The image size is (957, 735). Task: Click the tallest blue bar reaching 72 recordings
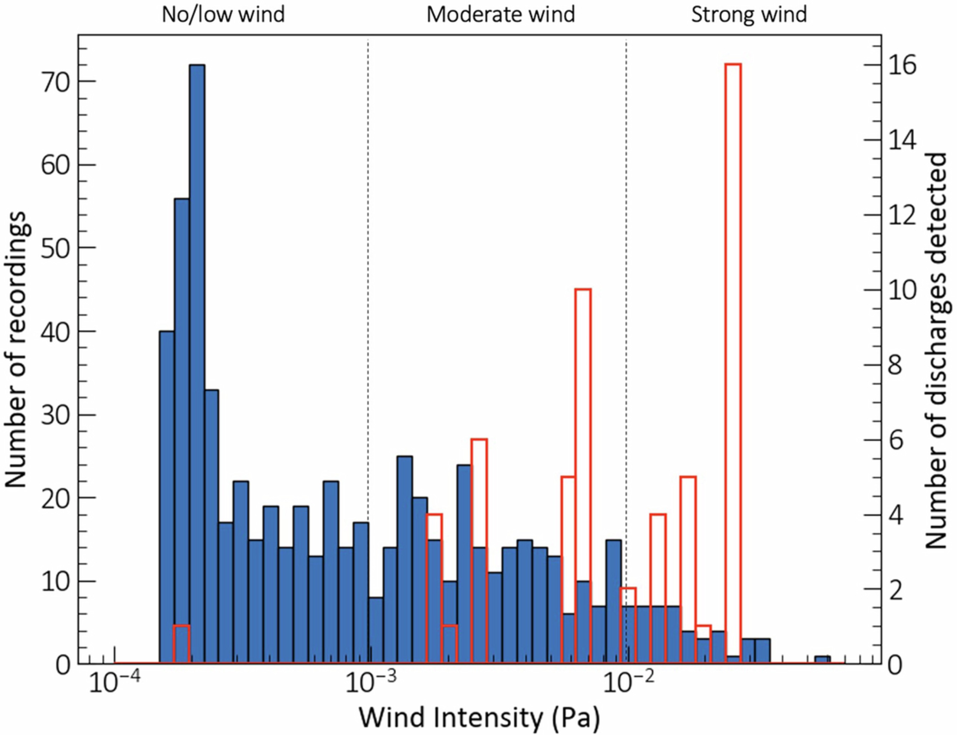[x=197, y=350]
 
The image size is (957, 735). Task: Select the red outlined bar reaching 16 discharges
[x=733, y=350]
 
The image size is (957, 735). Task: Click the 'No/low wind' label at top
[x=223, y=15]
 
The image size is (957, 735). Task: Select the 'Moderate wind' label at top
[x=501, y=15]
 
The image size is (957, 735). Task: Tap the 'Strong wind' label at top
[x=749, y=15]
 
